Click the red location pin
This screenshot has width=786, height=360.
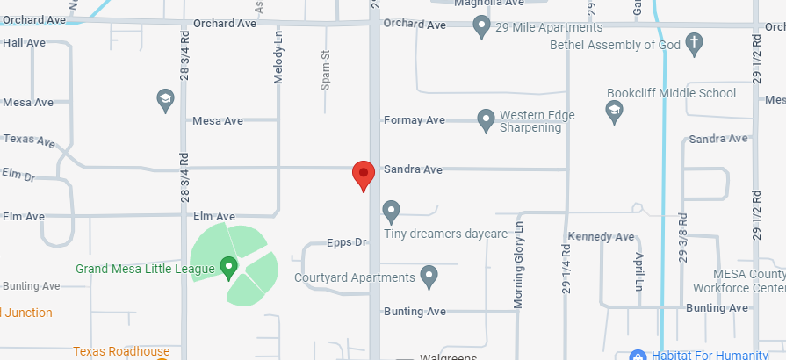click(x=364, y=174)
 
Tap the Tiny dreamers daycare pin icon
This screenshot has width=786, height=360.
click(x=392, y=212)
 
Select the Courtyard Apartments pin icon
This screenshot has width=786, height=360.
click(x=429, y=277)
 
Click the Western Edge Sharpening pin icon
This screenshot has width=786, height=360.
click(x=486, y=119)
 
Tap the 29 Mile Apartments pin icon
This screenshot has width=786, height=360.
click(x=481, y=26)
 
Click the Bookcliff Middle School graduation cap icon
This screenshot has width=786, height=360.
click(x=614, y=110)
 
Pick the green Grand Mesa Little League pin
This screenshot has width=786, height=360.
click(x=229, y=267)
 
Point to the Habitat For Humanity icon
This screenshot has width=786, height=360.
click(x=638, y=355)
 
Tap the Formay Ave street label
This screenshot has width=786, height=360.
click(x=415, y=119)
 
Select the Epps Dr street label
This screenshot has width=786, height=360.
click(x=345, y=241)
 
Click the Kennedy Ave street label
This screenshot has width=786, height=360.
click(x=601, y=237)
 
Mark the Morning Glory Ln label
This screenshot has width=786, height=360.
click(x=519, y=264)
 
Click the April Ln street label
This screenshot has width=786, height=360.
click(x=638, y=271)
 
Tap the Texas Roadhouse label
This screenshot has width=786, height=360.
click(x=121, y=351)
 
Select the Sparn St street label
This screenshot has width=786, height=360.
click(x=325, y=70)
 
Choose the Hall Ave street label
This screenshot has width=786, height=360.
click(x=24, y=42)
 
